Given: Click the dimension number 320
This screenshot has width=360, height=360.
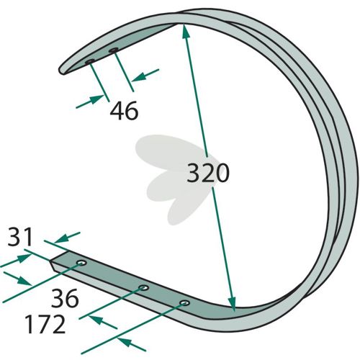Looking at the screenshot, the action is click(x=208, y=173).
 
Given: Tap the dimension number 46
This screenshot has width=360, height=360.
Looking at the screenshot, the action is click(x=124, y=111).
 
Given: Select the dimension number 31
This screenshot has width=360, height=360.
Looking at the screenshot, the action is click(x=20, y=237).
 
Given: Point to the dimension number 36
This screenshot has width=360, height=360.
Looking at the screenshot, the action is click(x=65, y=298).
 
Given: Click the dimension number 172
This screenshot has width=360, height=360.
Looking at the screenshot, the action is click(x=45, y=324).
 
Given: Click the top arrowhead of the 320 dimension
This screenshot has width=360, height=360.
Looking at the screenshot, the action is click(x=186, y=31).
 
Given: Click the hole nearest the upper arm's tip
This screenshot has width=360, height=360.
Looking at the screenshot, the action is click(x=90, y=62).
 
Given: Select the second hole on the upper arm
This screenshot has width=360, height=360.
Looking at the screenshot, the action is click(x=113, y=50).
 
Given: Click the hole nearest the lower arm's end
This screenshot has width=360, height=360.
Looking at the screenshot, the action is click(x=81, y=263).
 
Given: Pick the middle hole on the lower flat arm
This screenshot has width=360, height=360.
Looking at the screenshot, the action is click(x=144, y=287).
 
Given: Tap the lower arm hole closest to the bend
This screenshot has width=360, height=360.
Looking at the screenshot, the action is click(x=184, y=303).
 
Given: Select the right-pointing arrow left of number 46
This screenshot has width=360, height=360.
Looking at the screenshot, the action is click(x=90, y=102).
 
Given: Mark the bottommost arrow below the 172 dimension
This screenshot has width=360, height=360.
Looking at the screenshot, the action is click(x=131, y=344).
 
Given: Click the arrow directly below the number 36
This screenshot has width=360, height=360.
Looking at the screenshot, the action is click(x=103, y=323).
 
